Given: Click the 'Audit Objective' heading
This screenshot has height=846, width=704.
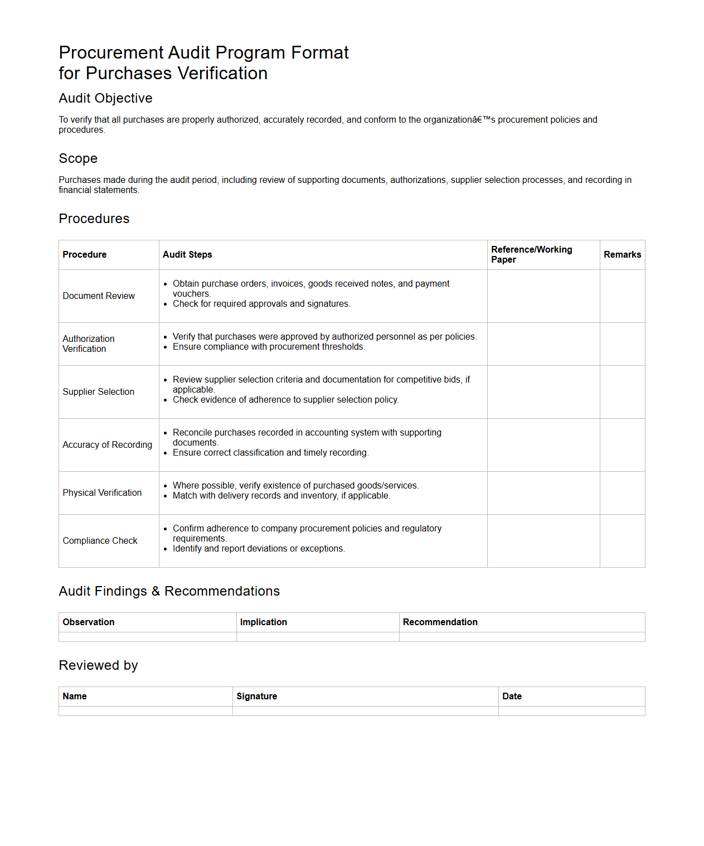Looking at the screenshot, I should (x=105, y=98).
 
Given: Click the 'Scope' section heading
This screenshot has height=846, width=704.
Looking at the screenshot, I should (x=78, y=158).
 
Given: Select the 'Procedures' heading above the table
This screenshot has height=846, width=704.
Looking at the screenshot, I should (x=94, y=219).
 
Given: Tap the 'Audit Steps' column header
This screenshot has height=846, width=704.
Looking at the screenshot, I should (x=187, y=255).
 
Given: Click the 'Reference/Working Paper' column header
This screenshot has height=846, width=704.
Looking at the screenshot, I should (x=531, y=254).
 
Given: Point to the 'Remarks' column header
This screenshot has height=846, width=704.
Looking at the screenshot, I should (x=622, y=255).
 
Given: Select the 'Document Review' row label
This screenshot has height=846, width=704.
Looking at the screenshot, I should (x=99, y=296).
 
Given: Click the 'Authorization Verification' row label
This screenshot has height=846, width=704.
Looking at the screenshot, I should (x=89, y=344).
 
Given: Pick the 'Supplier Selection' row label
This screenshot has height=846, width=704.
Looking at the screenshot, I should (x=99, y=392).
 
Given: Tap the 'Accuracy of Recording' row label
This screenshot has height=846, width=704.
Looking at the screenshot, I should (x=107, y=445).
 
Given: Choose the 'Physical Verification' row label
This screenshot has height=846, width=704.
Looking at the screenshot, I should (x=102, y=493).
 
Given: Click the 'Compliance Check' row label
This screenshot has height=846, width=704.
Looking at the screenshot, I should (x=100, y=541).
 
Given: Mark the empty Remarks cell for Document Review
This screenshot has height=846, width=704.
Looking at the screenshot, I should (x=622, y=296).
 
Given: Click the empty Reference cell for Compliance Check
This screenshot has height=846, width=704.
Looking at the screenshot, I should (x=543, y=541).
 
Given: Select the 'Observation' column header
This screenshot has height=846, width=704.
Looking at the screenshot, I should (x=89, y=622).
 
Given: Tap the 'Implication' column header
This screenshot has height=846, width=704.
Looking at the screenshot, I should (x=264, y=622).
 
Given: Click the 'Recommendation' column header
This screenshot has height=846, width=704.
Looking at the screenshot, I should (x=440, y=622).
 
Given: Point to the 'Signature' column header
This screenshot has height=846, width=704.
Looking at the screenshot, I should (x=256, y=697).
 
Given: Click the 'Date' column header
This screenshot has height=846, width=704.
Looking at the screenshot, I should (x=512, y=697).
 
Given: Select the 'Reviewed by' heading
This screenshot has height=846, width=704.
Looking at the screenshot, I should (x=98, y=665).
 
